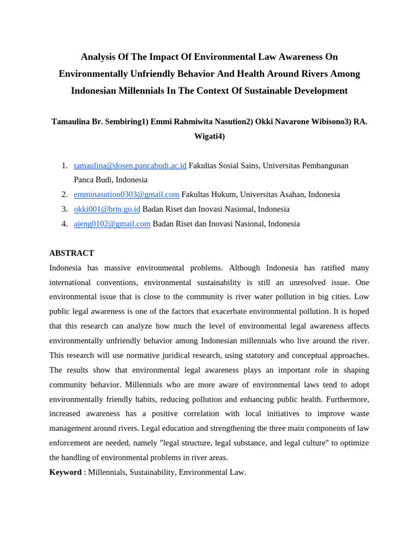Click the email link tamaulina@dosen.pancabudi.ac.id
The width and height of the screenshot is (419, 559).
point(130,165)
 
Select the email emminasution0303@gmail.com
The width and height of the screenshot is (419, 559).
point(127,194)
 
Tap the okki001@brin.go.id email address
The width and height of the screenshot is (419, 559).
point(107,209)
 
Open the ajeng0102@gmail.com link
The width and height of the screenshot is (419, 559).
point(112,224)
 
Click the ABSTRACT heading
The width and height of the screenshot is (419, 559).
point(71,253)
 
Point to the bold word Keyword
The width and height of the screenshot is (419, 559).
point(65,472)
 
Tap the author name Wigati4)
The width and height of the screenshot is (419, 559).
point(209,136)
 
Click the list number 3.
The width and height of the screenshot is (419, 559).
point(64,209)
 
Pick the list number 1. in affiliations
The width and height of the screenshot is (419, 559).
point(64,165)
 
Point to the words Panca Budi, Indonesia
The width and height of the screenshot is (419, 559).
point(111,180)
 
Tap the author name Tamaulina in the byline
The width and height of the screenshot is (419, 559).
point(72,122)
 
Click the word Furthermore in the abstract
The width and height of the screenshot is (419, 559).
point(349,399)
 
